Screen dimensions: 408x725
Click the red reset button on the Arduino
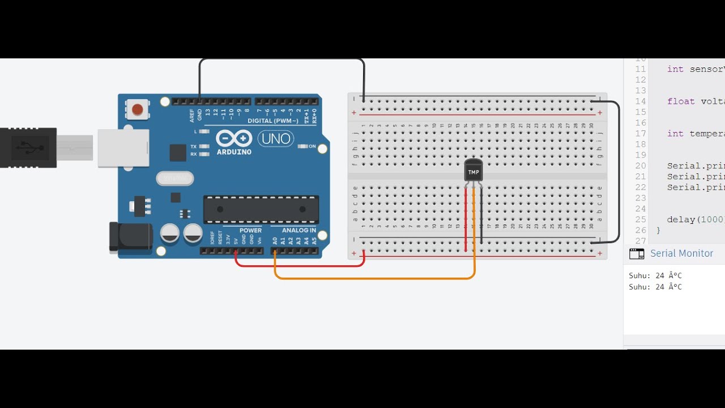coord(137,108)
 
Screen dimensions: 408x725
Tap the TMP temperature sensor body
coord(474,170)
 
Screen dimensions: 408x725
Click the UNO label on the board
coord(276,139)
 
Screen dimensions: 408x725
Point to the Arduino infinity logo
coord(234,139)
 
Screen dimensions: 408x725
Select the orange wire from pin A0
coord(374,278)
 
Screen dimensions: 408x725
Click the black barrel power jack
coord(130,236)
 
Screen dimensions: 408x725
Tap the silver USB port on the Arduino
coord(123,148)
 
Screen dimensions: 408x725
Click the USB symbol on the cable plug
coord(28,148)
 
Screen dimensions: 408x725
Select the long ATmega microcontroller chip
coord(261,209)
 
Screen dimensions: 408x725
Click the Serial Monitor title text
coord(681,253)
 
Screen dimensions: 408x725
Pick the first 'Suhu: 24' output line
coord(655,275)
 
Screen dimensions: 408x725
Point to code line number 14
coord(640,101)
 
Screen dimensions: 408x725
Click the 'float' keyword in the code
coord(680,101)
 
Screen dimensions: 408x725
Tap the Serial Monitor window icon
coord(637,254)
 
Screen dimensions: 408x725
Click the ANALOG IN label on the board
coord(299,230)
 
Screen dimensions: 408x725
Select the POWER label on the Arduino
coord(250,230)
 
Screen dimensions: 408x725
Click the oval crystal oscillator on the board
coord(175,178)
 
